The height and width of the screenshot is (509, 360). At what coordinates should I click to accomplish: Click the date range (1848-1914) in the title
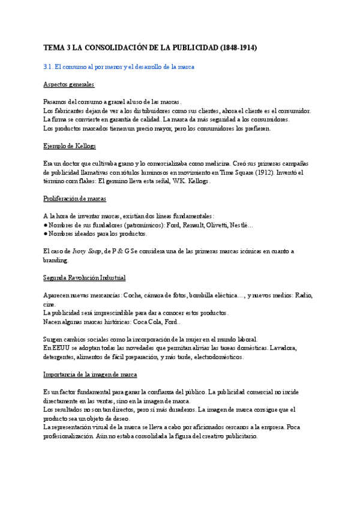click(x=238, y=47)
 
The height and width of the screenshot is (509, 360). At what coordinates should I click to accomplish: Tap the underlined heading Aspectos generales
click(x=69, y=85)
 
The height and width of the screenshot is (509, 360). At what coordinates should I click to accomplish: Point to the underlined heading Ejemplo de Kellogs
click(x=70, y=146)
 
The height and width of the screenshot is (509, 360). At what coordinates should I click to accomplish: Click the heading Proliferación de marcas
click(x=74, y=198)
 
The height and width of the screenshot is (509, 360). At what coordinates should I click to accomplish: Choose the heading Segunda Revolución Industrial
click(x=84, y=277)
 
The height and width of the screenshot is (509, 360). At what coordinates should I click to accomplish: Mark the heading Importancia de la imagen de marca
click(x=91, y=374)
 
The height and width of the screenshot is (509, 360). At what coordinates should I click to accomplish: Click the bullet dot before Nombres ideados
click(x=46, y=233)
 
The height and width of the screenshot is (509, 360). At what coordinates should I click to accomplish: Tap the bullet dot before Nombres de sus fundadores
click(x=46, y=224)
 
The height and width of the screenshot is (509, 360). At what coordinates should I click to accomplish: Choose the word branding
click(x=56, y=260)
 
